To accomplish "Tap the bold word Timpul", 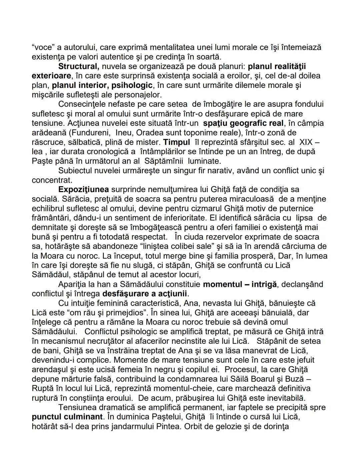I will [x=176, y=142].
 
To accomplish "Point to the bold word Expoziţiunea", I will [x=83, y=189].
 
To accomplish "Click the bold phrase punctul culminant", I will [x=67, y=417].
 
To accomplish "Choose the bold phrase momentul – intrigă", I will [x=240, y=284].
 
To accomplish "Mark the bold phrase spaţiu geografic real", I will [x=243, y=123].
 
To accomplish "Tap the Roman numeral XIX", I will [x=306, y=142].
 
